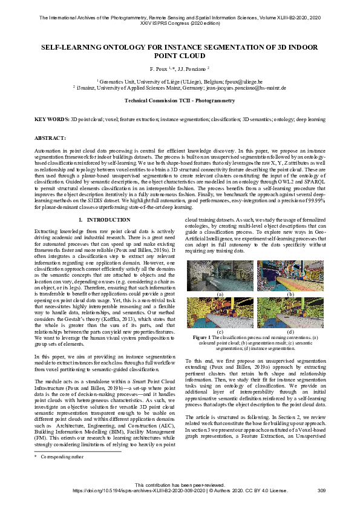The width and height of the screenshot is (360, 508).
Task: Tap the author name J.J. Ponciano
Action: pos(192,69)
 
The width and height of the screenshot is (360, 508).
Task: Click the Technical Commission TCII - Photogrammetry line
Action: pos(179,101)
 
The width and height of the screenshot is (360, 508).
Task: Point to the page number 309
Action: pos(321,490)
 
